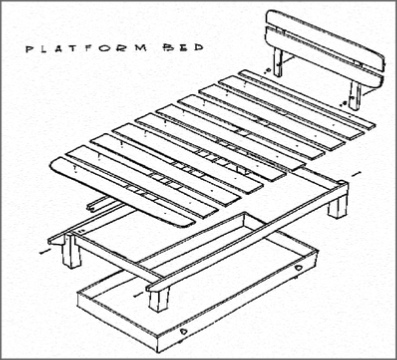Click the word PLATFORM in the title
[86, 48]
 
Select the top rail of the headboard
[325, 39]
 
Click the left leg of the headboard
[278, 62]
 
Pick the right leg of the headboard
[354, 95]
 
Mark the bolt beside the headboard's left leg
[267, 71]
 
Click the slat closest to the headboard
[307, 99]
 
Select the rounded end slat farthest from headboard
[123, 193]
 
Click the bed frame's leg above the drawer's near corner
[159, 298]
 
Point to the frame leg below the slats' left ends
[72, 251]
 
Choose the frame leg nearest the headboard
[338, 205]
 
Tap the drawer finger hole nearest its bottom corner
[183, 331]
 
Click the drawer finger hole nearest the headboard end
[298, 268]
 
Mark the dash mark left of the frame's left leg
[44, 251]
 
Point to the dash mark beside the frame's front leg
[138, 295]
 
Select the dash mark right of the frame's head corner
[356, 173]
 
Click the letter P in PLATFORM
[29, 49]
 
